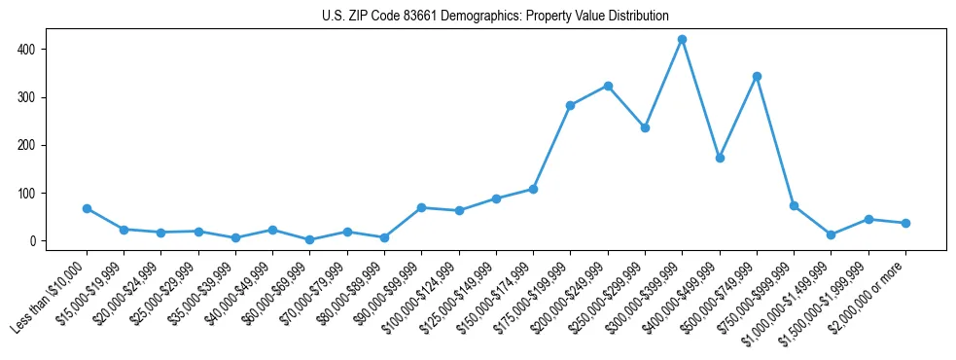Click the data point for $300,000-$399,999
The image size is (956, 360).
point(682,40)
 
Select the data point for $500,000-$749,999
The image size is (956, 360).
point(757,76)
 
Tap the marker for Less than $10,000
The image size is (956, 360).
point(87,208)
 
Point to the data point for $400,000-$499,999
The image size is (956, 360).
point(720,158)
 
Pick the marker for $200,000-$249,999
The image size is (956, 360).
point(608,86)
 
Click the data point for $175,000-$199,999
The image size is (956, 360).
point(571,105)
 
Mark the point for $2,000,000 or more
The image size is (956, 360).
point(905,223)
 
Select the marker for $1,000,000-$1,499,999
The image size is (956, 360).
point(831,234)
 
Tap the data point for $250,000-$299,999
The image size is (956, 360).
point(645,127)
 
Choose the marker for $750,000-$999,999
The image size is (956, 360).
point(794,206)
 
